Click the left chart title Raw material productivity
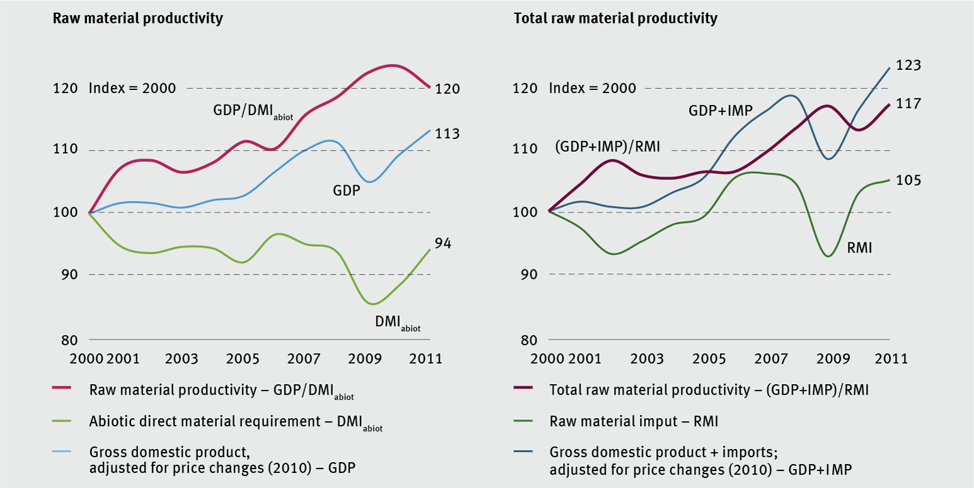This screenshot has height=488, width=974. tap(137, 19)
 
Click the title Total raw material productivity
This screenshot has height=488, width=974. tap(615, 19)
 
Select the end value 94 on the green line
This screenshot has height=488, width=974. tap(443, 244)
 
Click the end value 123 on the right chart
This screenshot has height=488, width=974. tap(908, 66)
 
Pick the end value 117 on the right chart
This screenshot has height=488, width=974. tap(908, 103)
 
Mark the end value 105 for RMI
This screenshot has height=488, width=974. tap(908, 181)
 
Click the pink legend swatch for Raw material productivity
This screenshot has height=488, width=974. tap(64, 389)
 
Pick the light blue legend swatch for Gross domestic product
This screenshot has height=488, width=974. tap(64, 451)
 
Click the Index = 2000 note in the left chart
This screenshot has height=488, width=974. tap(132, 88)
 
